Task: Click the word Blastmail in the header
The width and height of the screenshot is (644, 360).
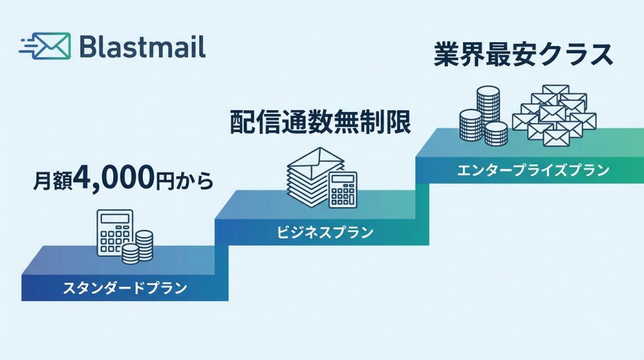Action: pyautogui.click(x=143, y=47)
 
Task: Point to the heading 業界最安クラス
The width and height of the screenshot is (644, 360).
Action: pyautogui.click(x=523, y=55)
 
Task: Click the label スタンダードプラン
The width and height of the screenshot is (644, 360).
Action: pyautogui.click(x=125, y=289)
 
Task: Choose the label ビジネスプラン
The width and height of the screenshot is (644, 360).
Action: pyautogui.click(x=325, y=233)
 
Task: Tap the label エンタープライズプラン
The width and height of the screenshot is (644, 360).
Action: pyautogui.click(x=533, y=170)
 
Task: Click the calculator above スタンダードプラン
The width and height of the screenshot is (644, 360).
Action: pyautogui.click(x=115, y=232)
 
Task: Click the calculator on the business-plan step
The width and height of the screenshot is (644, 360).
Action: pyautogui.click(x=343, y=189)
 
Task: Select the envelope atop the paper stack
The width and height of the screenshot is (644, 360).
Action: pyautogui.click(x=317, y=160)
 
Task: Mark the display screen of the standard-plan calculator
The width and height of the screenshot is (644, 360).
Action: pyautogui.click(x=114, y=219)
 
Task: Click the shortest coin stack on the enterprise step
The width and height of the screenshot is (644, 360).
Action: pyautogui.click(x=496, y=133)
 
